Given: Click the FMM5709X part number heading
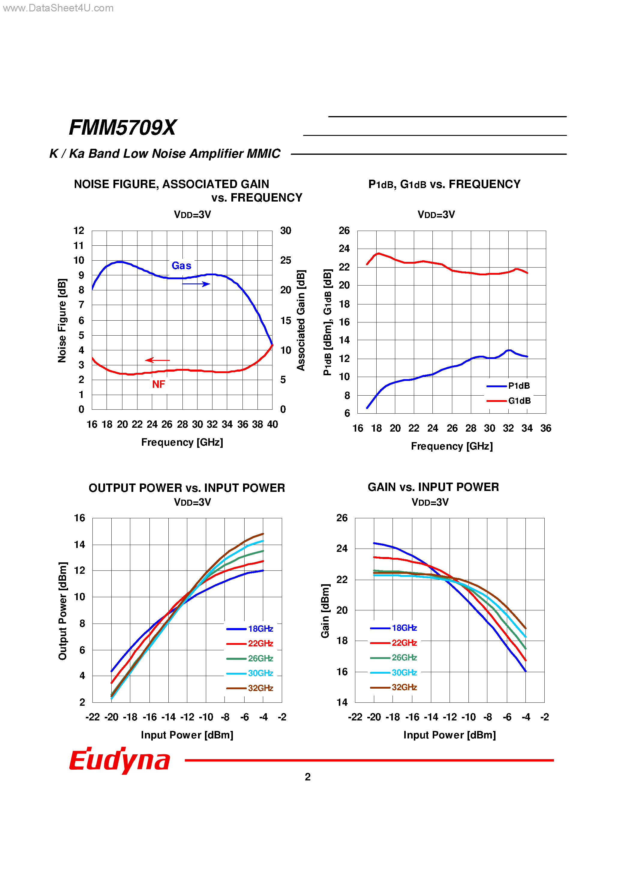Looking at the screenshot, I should (122, 127).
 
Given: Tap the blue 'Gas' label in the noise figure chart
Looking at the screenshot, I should (181, 266).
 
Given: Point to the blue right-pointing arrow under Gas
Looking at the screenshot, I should (196, 284).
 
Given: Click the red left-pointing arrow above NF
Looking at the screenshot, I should (158, 360).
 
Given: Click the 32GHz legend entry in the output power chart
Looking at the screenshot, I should (250, 688).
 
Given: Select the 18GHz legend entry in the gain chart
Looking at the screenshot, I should (394, 628).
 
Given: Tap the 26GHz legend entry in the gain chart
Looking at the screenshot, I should (394, 658).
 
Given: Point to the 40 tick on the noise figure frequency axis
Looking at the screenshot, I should (272, 424).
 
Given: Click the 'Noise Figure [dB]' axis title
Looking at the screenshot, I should (62, 320).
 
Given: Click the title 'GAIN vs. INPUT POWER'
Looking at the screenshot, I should (433, 487).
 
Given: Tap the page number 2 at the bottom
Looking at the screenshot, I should (308, 777).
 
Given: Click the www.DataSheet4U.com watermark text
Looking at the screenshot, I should (58, 8).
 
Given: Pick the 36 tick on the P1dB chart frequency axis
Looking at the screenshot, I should (546, 429).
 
